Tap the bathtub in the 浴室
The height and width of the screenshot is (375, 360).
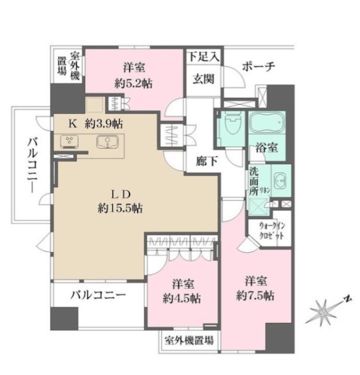pos(268,124)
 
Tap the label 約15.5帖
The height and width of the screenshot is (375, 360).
pos(122,207)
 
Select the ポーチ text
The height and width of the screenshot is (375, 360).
pos(257,66)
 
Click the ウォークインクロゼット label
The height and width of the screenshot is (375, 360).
pos(272,230)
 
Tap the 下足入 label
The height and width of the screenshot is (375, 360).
pos(203,57)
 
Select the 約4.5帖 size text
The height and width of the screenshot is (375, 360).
pos(181,298)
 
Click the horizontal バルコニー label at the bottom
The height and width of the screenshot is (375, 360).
pos(98,296)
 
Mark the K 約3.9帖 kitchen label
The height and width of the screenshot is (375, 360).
pos(96,124)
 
